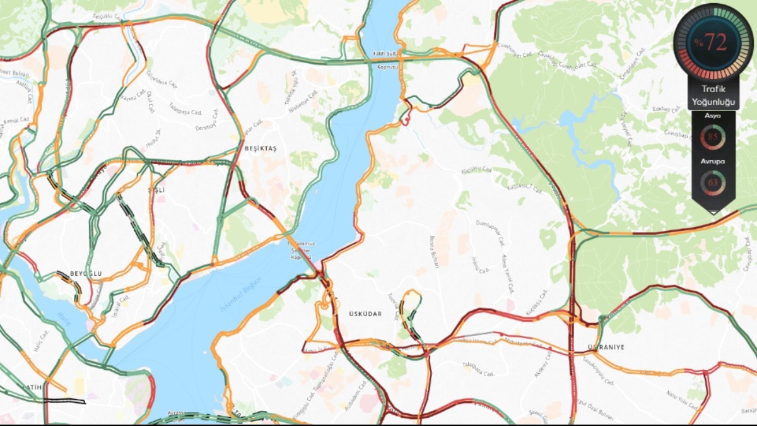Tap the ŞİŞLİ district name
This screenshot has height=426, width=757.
pyautogui.click(x=156, y=189)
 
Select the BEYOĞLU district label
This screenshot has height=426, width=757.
pyautogui.click(x=86, y=273)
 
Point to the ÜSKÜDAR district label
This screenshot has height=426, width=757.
pyautogui.click(x=365, y=314)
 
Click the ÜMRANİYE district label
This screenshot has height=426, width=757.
pyautogui.click(x=605, y=347)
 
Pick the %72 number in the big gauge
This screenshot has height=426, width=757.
pyautogui.click(x=713, y=42)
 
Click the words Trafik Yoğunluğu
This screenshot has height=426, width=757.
pyautogui.click(x=713, y=94)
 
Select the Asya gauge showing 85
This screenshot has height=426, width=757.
pyautogui.click(x=713, y=137)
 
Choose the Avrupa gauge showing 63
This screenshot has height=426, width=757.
pyautogui.click(x=713, y=182)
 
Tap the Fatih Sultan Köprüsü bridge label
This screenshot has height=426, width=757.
pyautogui.click(x=387, y=59)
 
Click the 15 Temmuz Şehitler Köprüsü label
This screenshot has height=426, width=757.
pyautogui.click(x=301, y=250)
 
